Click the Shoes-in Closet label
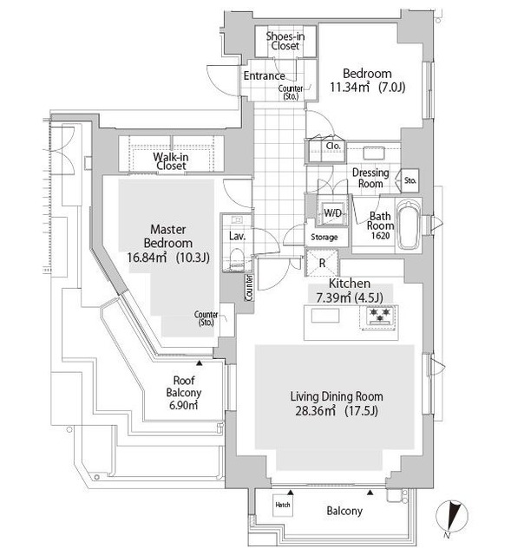283,41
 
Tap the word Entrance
264,76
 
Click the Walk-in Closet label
171,160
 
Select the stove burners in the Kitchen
380,317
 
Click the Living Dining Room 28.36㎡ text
336,402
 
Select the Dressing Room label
370,178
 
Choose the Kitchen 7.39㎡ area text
350,291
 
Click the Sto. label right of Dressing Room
410,181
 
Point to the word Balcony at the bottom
344,511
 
